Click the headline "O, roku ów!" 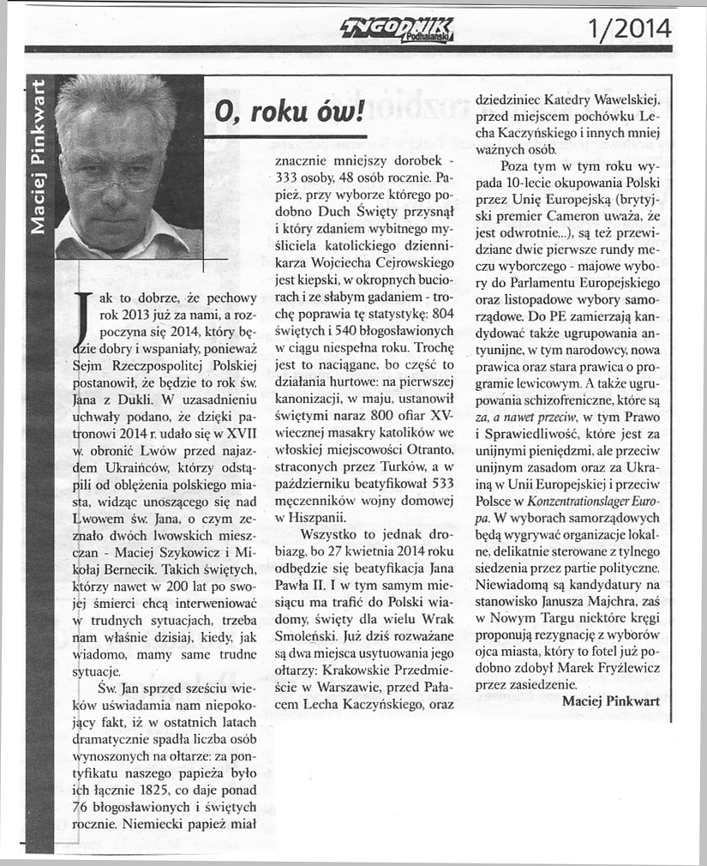(x=282, y=111)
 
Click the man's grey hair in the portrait (x=120, y=103)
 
